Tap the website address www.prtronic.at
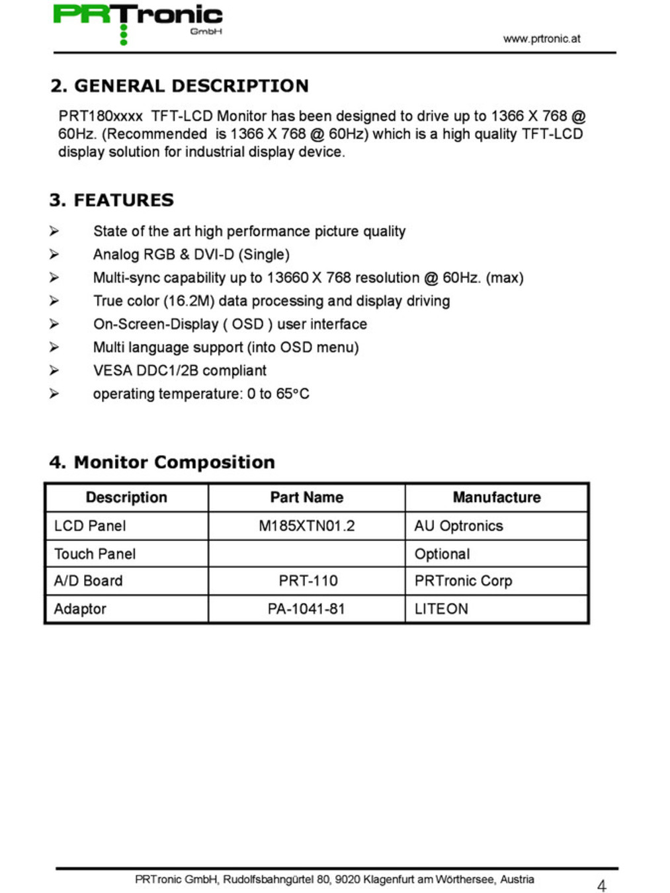coord(541,38)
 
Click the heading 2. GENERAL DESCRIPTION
coord(179,86)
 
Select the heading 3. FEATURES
coord(111,200)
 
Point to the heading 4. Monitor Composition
coord(162,462)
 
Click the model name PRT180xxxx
coord(100,116)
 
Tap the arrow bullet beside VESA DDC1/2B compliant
coord(54,370)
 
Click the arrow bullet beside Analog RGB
coord(54,254)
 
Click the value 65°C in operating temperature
coord(292,394)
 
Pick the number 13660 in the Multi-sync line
coord(288,278)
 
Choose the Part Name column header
coord(306,497)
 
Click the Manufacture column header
coord(496,497)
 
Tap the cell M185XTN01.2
coord(306,526)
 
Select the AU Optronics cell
coord(458,526)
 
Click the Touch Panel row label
coord(95,554)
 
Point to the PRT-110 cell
coord(308,581)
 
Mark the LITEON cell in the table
coord(441,609)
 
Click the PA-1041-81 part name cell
coord(306,609)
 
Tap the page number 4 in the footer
coord(601,885)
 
